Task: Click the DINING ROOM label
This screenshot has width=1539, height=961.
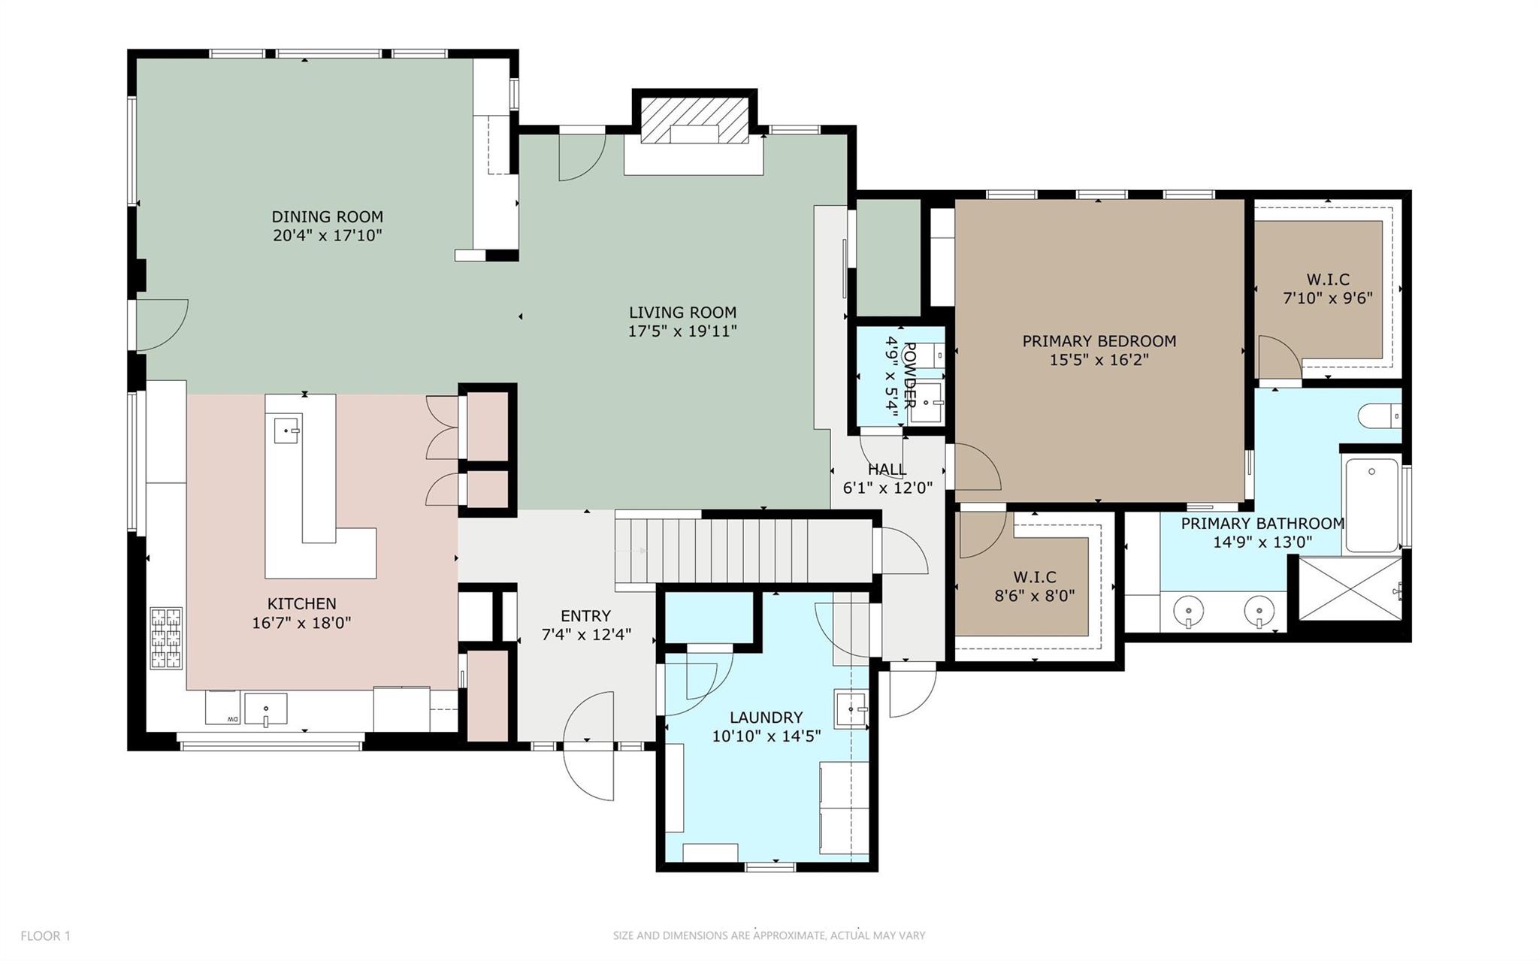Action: click(327, 217)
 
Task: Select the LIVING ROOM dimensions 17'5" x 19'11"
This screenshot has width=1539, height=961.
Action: click(682, 331)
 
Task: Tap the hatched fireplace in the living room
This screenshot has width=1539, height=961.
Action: click(694, 119)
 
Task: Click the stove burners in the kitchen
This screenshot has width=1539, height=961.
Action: click(166, 639)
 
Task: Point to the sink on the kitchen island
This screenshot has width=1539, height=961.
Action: click(287, 431)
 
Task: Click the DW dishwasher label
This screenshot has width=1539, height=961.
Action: click(232, 720)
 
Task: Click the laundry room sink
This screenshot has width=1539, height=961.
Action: click(851, 709)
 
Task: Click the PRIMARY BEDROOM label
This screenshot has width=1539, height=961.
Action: click(1099, 341)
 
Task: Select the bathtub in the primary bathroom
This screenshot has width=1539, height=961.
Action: click(1371, 503)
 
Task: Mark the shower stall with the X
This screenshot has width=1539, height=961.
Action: click(1350, 588)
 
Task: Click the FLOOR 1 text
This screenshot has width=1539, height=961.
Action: click(45, 935)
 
